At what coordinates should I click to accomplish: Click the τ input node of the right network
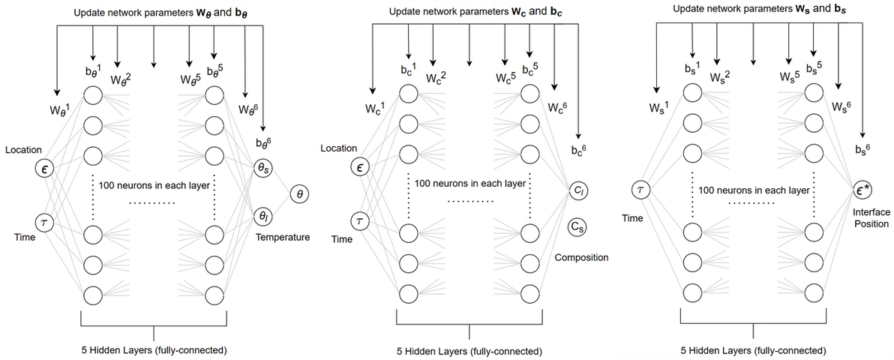click(640, 190)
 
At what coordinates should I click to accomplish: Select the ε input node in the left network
click(44, 169)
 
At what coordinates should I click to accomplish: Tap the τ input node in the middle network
click(359, 220)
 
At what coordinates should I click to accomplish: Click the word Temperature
click(283, 237)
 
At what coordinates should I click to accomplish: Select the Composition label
click(581, 257)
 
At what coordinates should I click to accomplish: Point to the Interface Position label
click(871, 218)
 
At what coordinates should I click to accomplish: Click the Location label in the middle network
click(338, 148)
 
